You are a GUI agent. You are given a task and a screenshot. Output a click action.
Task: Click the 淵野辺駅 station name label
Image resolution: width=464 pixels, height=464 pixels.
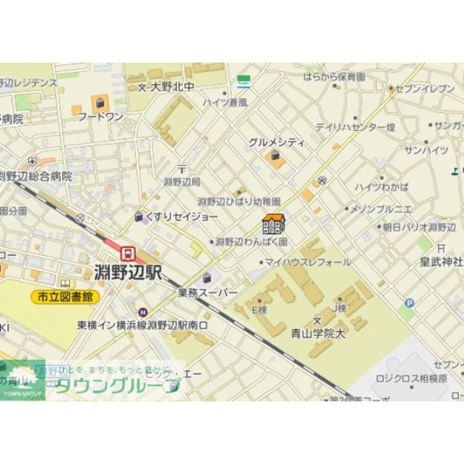point(128,272)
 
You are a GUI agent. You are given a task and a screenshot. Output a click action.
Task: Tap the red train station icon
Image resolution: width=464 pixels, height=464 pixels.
point(127,253)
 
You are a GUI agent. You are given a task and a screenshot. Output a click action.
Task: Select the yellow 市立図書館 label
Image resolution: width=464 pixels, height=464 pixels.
point(65,297)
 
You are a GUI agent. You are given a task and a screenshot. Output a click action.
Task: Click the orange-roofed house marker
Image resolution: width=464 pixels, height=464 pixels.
point(273,224)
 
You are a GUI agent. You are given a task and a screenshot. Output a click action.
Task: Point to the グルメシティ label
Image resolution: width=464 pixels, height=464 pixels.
point(277,142)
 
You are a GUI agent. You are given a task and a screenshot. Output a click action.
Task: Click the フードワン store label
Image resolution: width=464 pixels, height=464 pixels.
point(100,116)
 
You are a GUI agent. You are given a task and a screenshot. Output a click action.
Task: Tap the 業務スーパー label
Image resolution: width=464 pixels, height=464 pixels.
point(207,293)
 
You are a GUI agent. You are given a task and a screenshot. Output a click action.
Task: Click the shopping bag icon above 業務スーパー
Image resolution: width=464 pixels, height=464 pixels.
point(206,278)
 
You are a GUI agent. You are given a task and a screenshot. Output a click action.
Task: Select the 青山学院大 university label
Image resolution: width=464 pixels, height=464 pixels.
point(318,334)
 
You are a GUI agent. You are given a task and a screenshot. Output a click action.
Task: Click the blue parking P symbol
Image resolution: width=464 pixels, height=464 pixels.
point(409,303)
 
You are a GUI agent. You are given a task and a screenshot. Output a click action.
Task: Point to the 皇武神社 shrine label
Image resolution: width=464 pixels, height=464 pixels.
point(441,261)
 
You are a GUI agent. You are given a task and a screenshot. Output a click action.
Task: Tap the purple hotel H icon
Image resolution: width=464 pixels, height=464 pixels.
point(142,312)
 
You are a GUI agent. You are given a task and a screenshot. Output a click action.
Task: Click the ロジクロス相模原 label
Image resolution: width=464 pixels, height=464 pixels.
point(412,378)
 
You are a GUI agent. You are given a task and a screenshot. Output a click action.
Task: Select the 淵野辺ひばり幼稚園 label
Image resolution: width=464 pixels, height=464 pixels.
point(239,202)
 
